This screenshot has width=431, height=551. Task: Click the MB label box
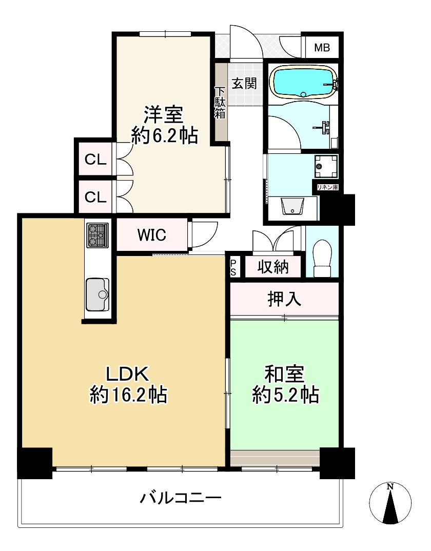tap(322, 48)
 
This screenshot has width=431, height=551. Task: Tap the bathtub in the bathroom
tap(304, 83)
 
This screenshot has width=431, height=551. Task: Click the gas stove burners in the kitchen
tap(97, 235)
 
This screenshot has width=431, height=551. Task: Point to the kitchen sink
tap(97, 294)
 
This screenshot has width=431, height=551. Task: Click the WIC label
tap(151, 235)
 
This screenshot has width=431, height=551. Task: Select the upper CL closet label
tap(95, 160)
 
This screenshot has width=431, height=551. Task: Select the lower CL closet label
tap(95, 197)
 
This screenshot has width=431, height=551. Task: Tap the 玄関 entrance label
tap(244, 83)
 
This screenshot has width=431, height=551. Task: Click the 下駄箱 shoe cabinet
tap(220, 103)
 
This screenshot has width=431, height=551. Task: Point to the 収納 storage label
tap(272, 267)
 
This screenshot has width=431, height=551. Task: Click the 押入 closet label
tap(284, 300)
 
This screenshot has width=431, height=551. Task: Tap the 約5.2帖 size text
tap(285, 395)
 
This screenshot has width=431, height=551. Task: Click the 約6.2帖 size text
tap(164, 135)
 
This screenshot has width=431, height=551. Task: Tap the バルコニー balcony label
tap(181, 498)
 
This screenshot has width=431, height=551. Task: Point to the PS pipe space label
tap(233, 267)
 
